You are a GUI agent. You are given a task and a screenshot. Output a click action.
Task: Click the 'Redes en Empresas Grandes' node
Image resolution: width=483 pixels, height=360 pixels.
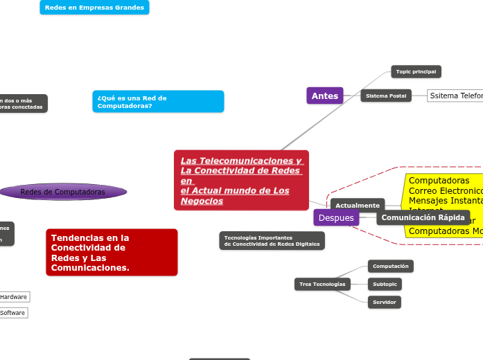point(94,8)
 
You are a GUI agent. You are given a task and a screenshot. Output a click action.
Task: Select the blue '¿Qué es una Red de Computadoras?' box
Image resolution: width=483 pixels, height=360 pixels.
point(158,102)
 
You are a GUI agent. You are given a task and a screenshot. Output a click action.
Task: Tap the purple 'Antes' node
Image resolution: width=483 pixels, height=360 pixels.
point(325,96)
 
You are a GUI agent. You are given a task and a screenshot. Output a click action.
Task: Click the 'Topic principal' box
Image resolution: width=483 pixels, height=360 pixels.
point(416,71)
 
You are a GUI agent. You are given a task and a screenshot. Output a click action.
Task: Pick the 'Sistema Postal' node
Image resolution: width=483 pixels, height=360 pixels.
point(386,96)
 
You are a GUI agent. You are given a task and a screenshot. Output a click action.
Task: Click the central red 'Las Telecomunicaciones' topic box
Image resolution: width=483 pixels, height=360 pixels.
point(241,180)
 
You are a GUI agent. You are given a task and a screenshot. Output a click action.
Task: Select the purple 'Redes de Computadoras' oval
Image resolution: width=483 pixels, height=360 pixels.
point(63,192)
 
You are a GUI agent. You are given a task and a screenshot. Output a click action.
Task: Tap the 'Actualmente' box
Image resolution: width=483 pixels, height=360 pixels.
point(358,205)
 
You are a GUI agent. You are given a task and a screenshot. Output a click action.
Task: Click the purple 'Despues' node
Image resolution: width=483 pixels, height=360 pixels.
point(336,217)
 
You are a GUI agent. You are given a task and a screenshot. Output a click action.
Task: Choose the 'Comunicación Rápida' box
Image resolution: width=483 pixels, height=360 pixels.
point(423,217)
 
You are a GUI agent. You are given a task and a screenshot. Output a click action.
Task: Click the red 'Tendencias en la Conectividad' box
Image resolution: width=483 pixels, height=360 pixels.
point(112,252)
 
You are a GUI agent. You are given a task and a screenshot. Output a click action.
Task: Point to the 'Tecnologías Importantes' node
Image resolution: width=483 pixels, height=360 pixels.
point(272,240)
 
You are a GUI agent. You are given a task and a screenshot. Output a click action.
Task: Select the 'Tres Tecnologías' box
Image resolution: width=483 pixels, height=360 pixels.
point(322,284)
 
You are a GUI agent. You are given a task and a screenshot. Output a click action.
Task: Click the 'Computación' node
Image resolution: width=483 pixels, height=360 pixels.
point(391,266)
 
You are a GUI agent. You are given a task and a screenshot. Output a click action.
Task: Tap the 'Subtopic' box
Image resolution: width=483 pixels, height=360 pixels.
point(385,284)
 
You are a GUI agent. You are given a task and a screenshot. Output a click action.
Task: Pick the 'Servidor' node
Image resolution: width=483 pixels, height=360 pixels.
point(384,302)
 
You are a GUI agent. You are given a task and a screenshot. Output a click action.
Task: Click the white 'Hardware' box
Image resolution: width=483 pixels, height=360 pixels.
point(14,297)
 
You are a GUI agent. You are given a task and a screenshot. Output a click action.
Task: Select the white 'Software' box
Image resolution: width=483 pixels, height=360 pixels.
point(12,313)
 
